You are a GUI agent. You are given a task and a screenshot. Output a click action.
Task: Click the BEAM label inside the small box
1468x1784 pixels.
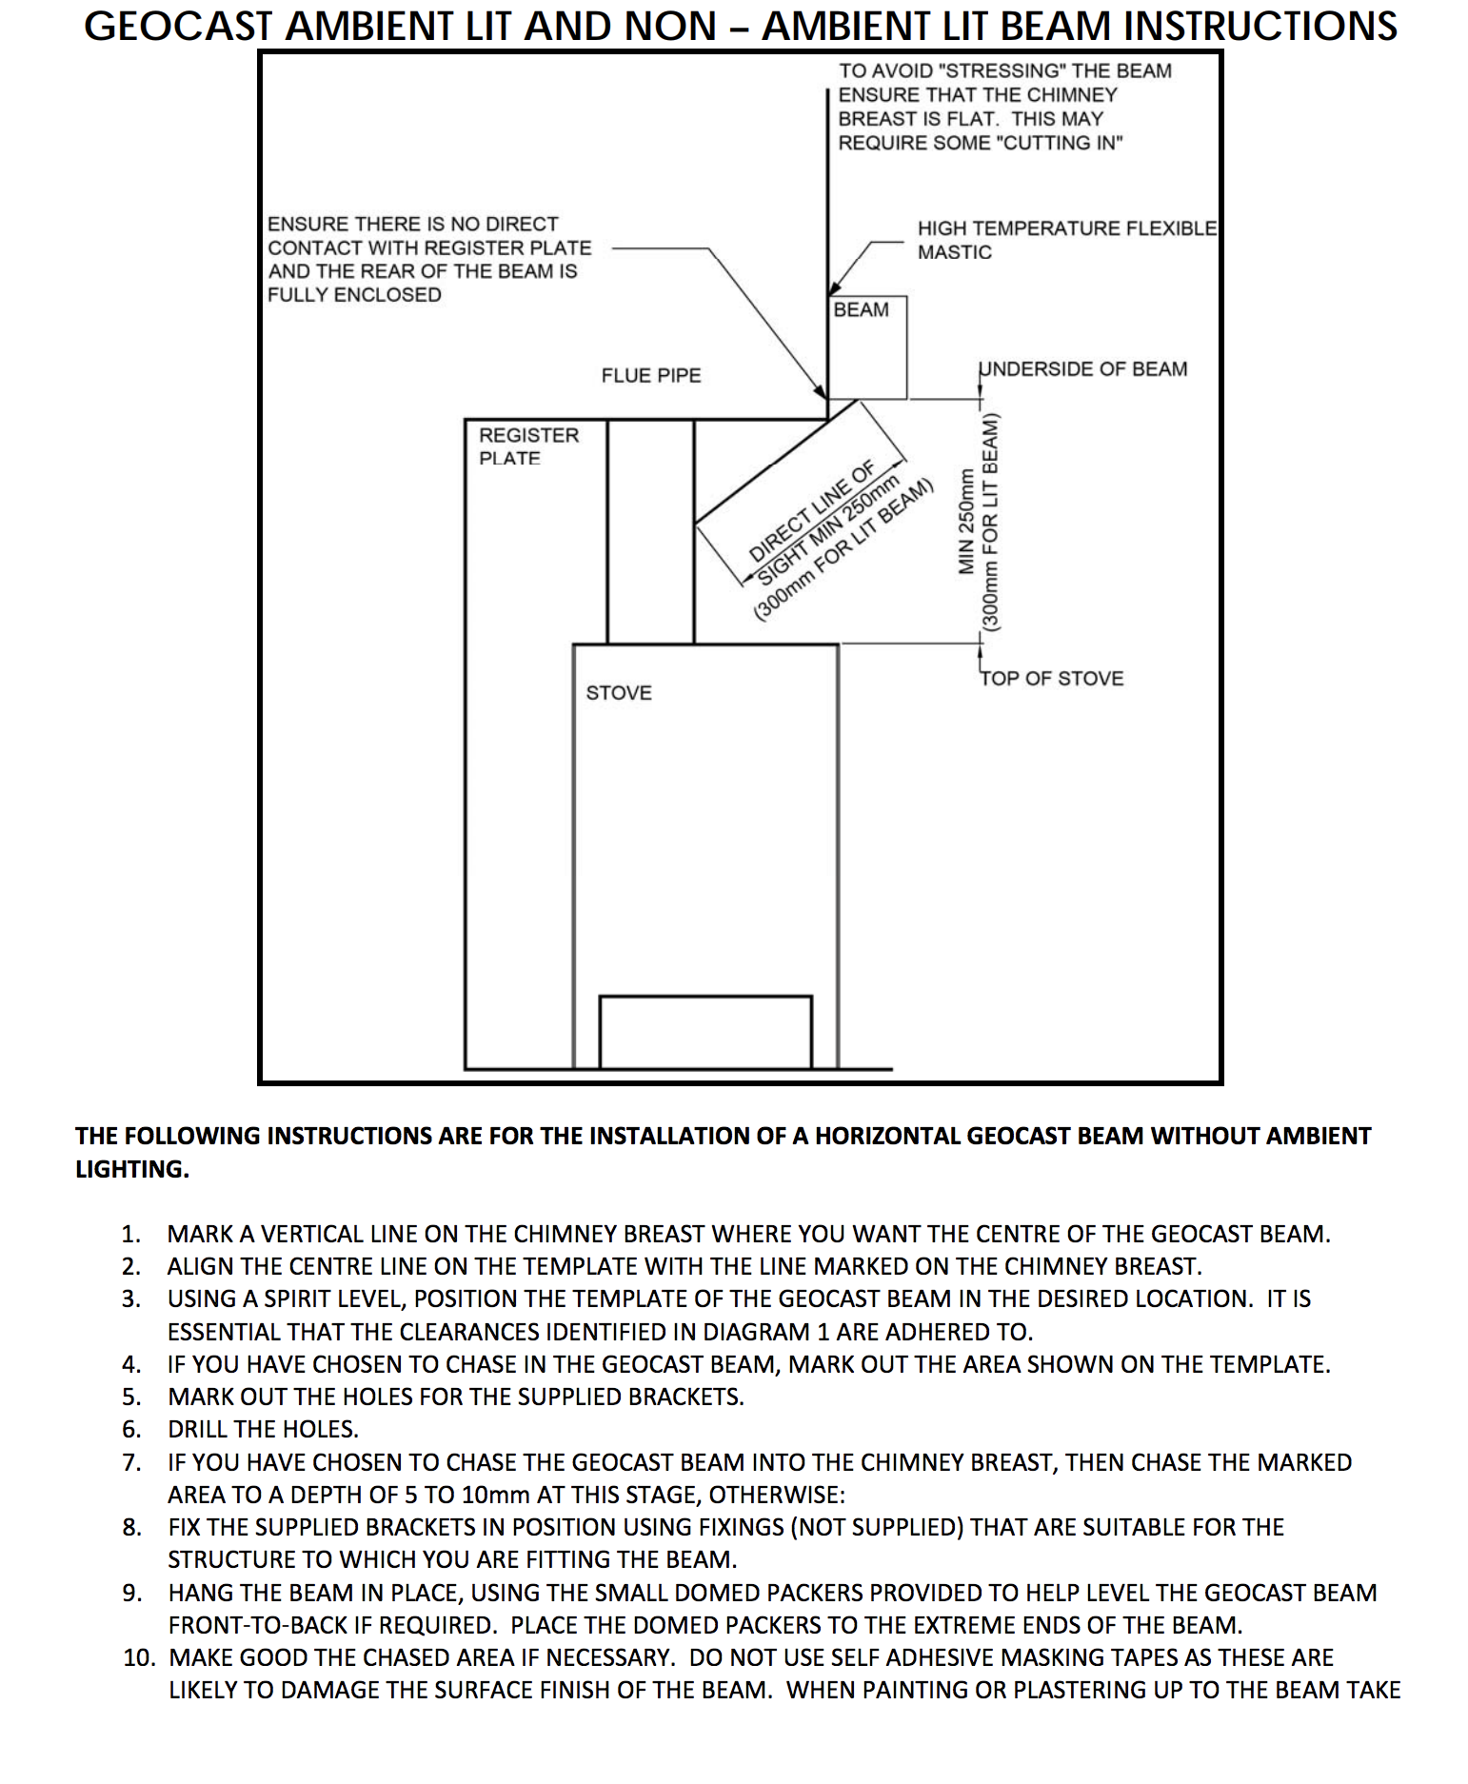pos(861,310)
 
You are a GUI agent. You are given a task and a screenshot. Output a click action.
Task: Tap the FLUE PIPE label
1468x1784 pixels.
pos(651,376)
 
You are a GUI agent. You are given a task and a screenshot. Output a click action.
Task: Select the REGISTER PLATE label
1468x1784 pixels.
pos(528,446)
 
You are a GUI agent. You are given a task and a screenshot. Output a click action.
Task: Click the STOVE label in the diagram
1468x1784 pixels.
pos(619,693)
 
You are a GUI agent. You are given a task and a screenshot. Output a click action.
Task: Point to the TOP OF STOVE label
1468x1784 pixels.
pos(1052,679)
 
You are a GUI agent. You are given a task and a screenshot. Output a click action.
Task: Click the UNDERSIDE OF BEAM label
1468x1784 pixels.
pos(1083,369)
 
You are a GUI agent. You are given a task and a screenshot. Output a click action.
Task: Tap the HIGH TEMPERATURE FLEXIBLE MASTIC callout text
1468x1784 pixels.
pos(1066,240)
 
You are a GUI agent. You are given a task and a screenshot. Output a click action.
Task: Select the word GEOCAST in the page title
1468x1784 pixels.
pos(179,26)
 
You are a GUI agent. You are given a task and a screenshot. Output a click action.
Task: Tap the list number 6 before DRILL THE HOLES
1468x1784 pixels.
pos(131,1429)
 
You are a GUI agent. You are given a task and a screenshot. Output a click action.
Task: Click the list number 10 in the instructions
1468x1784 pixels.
pos(139,1657)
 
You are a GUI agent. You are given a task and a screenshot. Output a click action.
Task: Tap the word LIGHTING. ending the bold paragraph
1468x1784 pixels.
pos(132,1169)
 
